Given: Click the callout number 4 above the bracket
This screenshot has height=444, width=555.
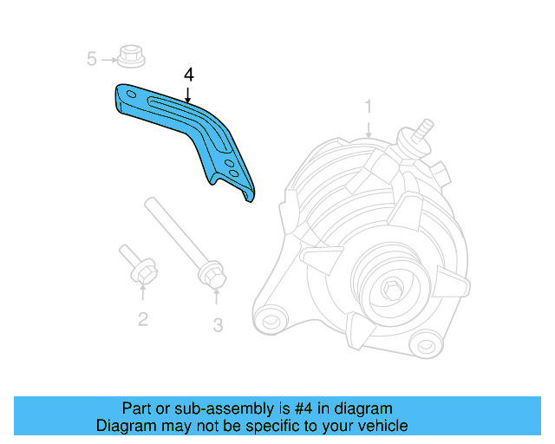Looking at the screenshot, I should tap(189, 75).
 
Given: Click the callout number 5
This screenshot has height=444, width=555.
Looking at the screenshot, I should tap(91, 59).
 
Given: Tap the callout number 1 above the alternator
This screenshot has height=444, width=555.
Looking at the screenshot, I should tap(369, 107).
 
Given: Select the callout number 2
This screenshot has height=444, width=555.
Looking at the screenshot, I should tap(143, 319).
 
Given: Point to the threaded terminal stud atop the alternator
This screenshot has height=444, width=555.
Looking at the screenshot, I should tap(422, 129).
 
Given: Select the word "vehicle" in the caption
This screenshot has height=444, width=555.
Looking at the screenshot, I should tap(382, 426).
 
